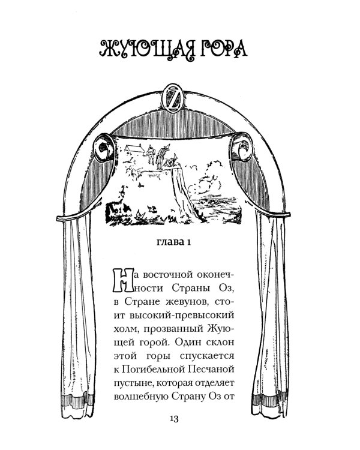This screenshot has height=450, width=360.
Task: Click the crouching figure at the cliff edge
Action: tap(173, 161)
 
